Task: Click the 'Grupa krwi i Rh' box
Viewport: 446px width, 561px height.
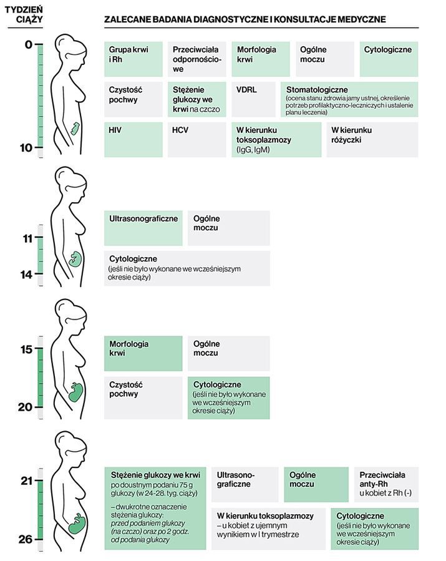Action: (x=133, y=59)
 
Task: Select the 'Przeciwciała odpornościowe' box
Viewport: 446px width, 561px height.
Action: (x=196, y=59)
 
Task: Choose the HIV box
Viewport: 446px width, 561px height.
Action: (x=133, y=139)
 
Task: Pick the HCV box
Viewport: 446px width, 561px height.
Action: (x=196, y=139)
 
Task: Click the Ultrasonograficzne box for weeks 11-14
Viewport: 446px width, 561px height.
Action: (x=143, y=228)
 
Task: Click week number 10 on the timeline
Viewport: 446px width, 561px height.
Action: (x=26, y=148)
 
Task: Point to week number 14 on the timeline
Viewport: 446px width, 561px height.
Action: (x=26, y=274)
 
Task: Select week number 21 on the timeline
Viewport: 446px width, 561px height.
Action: (x=26, y=481)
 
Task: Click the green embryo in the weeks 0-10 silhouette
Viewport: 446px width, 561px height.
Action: (x=75, y=129)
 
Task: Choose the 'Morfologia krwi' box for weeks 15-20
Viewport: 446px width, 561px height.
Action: (x=143, y=353)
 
